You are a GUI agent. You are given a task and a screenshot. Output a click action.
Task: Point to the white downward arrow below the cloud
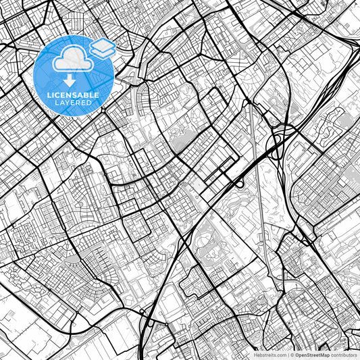click(x=70, y=80)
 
